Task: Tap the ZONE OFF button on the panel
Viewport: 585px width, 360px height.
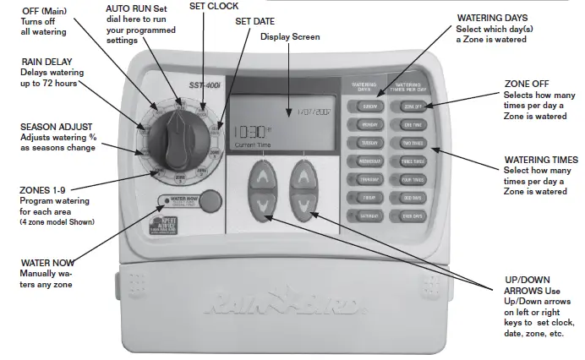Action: (x=413, y=106)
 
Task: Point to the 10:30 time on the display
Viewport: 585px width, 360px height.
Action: (x=248, y=132)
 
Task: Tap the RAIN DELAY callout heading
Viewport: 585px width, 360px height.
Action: (x=47, y=62)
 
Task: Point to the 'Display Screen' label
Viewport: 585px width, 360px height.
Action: (x=289, y=37)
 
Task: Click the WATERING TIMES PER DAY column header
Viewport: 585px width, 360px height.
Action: (x=413, y=86)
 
